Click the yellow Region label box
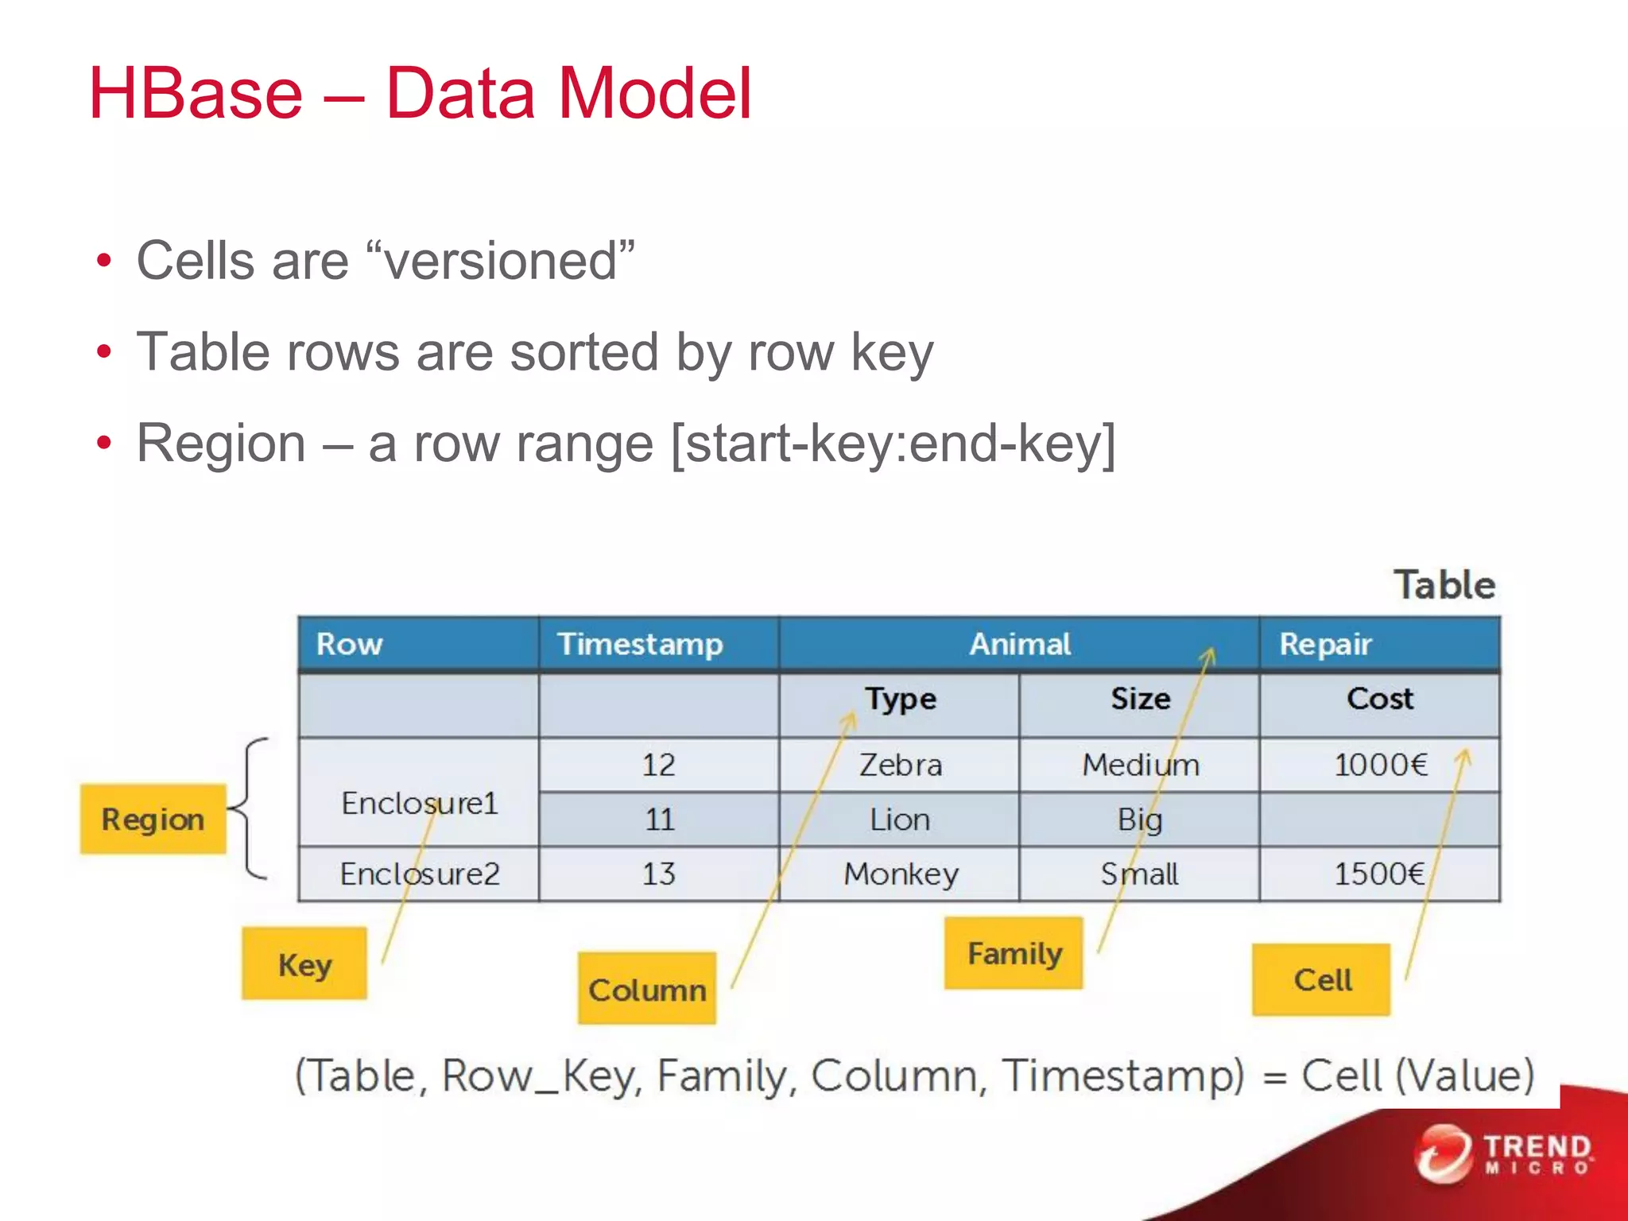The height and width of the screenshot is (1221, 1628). [x=153, y=819]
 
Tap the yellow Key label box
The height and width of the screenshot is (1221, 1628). [x=304, y=963]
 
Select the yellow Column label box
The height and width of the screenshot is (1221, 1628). [x=646, y=988]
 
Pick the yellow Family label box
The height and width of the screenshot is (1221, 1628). [x=1014, y=953]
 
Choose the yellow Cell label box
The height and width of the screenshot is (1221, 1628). [x=1321, y=979]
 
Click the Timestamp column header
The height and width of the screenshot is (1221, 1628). [x=640, y=644]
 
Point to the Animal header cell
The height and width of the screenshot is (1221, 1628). [x=1019, y=644]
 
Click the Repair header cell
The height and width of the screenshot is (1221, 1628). [x=1325, y=644]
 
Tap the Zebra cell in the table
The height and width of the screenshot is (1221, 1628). [x=900, y=765]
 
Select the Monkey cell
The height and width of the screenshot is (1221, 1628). [x=900, y=874]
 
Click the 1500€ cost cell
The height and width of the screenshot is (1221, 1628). [x=1378, y=874]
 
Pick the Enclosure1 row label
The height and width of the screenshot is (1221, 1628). [x=419, y=803]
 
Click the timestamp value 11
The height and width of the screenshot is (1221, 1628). [x=659, y=820]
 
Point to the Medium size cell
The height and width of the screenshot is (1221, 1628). [x=1140, y=765]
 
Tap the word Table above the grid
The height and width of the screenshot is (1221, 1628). [x=1444, y=585]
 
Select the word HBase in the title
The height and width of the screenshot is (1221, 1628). [x=196, y=94]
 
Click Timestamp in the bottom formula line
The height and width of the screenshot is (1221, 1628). [x=1122, y=1076]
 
